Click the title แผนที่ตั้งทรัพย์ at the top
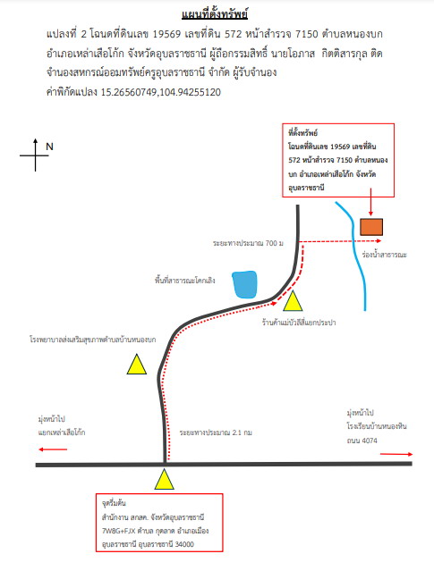click(215, 14)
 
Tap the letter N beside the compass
click(49, 147)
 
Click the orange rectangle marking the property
click(371, 227)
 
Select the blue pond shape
click(244, 284)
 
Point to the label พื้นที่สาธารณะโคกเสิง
click(185, 281)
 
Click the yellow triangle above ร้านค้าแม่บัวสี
click(293, 301)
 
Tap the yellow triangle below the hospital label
click(137, 365)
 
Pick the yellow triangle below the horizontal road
click(164, 479)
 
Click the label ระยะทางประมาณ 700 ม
click(248, 243)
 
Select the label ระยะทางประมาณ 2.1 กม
click(216, 432)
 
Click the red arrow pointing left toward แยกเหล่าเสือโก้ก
click(53, 449)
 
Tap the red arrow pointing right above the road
click(396, 454)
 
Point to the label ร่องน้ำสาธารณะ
click(385, 255)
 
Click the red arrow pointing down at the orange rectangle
click(370, 202)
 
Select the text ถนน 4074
click(362, 441)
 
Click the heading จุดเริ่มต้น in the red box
click(114, 503)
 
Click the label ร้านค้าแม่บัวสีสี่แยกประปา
click(299, 323)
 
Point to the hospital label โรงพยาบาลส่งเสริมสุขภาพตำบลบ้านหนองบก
click(93, 339)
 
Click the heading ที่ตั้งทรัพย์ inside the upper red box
click(302, 132)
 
